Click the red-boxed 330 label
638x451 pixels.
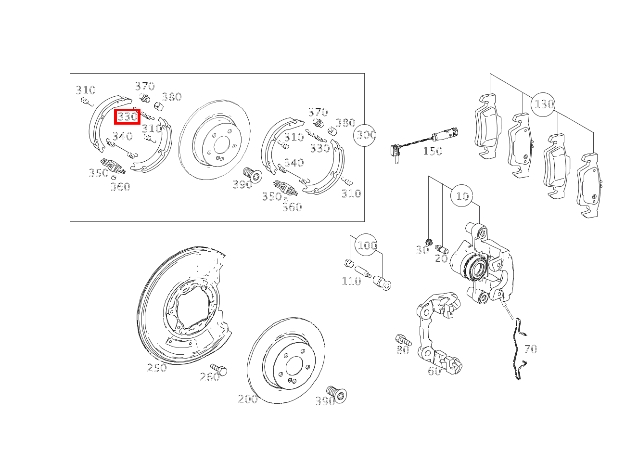coord(128,117)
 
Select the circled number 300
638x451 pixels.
coord(365,135)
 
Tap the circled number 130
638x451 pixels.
coord(543,104)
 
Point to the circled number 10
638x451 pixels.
coord(462,196)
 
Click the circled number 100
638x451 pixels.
coord(366,245)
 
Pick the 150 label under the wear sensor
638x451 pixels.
coord(433,151)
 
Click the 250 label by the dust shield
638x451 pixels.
coord(157,368)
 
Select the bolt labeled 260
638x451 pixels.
coord(219,370)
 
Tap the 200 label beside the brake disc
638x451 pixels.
coord(248,399)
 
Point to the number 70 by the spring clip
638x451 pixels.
coord(531,349)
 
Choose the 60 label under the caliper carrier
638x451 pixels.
coord(434,371)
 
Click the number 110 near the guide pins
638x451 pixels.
coord(351,281)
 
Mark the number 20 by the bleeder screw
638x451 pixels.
coord(441,258)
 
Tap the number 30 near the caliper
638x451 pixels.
coord(422,250)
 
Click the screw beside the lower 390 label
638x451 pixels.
coord(337,394)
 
